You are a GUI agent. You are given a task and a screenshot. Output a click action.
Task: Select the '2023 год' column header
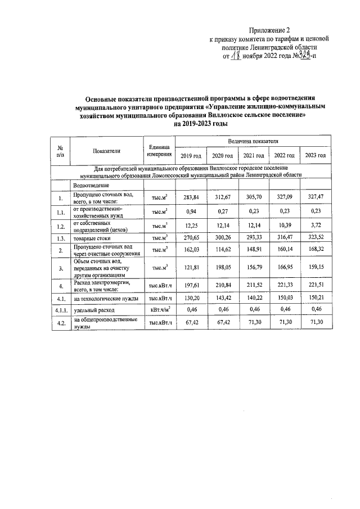pyautogui.click(x=314, y=155)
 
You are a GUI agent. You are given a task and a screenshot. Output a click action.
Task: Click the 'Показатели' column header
pyautogui.click(x=107, y=150)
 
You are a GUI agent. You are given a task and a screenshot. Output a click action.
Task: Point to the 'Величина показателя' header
pyautogui.click(x=253, y=140)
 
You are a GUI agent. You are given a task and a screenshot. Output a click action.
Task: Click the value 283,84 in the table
pyautogui.click(x=191, y=197)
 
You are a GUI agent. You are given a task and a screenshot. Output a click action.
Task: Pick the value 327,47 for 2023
pyautogui.click(x=314, y=197)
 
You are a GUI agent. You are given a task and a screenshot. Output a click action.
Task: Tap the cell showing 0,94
pyautogui.click(x=191, y=211)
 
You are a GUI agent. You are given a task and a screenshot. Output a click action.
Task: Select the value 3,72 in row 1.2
pyautogui.click(x=314, y=226)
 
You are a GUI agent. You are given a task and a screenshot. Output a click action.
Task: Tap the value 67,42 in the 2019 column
pyautogui.click(x=191, y=322)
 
